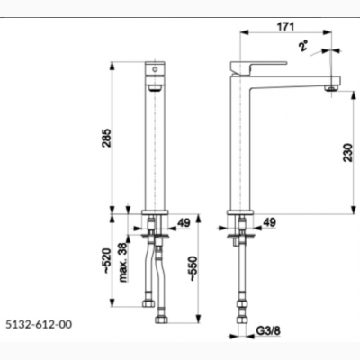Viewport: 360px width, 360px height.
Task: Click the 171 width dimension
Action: click(285, 27)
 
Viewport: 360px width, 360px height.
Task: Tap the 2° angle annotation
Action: click(303, 46)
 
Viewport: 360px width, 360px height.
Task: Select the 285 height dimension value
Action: click(106, 138)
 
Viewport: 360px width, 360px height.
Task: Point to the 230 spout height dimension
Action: click(348, 153)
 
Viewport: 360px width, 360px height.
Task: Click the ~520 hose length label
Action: click(106, 261)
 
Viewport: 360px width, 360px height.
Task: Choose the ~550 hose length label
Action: click(193, 269)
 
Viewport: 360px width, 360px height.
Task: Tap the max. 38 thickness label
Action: click(123, 262)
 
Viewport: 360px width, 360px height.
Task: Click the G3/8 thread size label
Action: click(268, 331)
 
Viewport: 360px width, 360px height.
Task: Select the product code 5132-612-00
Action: click(39, 324)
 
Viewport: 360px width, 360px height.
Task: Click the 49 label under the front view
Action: click(184, 223)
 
